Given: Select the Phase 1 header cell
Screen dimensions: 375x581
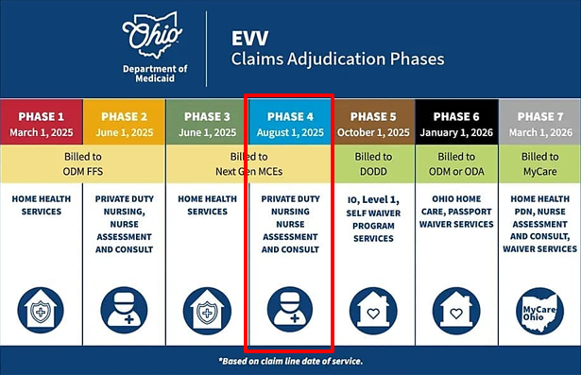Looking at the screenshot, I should [41, 123].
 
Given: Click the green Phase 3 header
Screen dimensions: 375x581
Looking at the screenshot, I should [206, 123].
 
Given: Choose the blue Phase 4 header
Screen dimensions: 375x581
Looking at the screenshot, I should [289, 123].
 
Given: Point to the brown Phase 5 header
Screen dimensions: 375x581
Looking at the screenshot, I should [372, 123].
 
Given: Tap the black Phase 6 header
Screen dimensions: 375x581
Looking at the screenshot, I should [455, 123].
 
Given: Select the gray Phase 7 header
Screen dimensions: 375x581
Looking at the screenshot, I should [539, 123].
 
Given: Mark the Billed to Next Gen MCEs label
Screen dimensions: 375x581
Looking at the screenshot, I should [248, 163].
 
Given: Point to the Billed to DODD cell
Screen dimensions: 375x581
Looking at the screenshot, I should [372, 163].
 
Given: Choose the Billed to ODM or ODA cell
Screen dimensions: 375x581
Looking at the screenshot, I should [455, 163].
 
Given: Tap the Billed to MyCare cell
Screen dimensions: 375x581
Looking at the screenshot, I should [539, 163].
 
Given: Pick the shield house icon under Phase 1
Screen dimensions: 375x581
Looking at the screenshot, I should [41, 311].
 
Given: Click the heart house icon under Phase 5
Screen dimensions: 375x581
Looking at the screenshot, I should [372, 311].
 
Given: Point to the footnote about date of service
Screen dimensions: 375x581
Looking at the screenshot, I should [289, 361].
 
